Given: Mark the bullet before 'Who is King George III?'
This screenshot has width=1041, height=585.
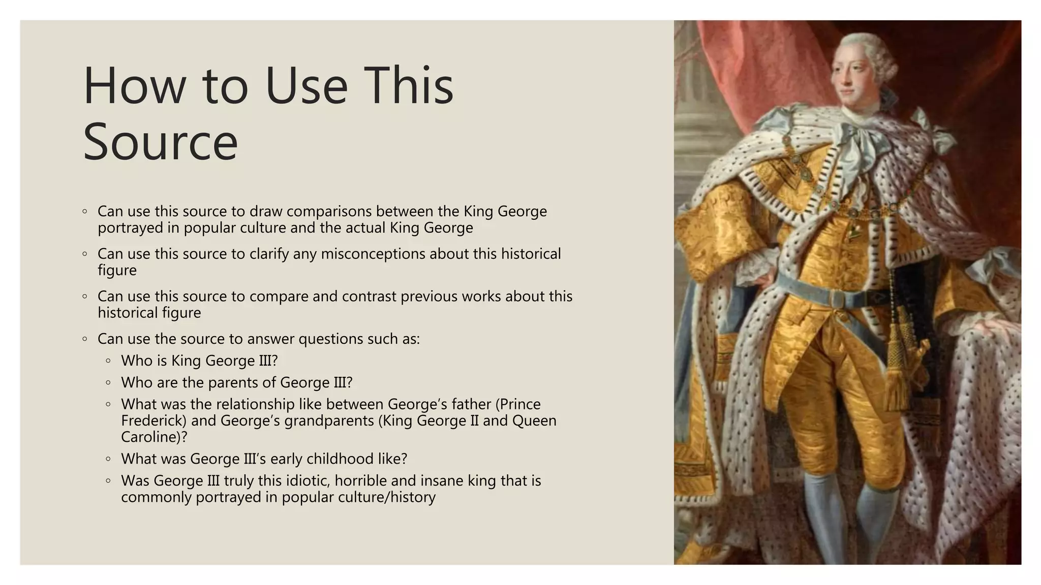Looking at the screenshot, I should click(108, 361).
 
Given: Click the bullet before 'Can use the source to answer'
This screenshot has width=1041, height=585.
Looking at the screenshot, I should click(85, 339).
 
